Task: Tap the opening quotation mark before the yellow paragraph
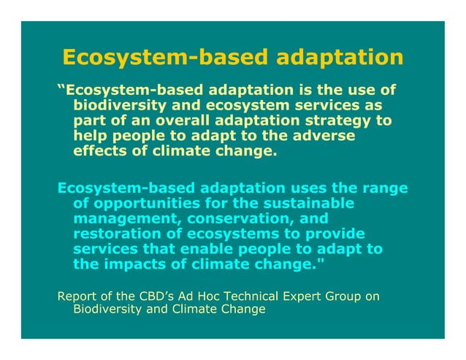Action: [61, 89]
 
